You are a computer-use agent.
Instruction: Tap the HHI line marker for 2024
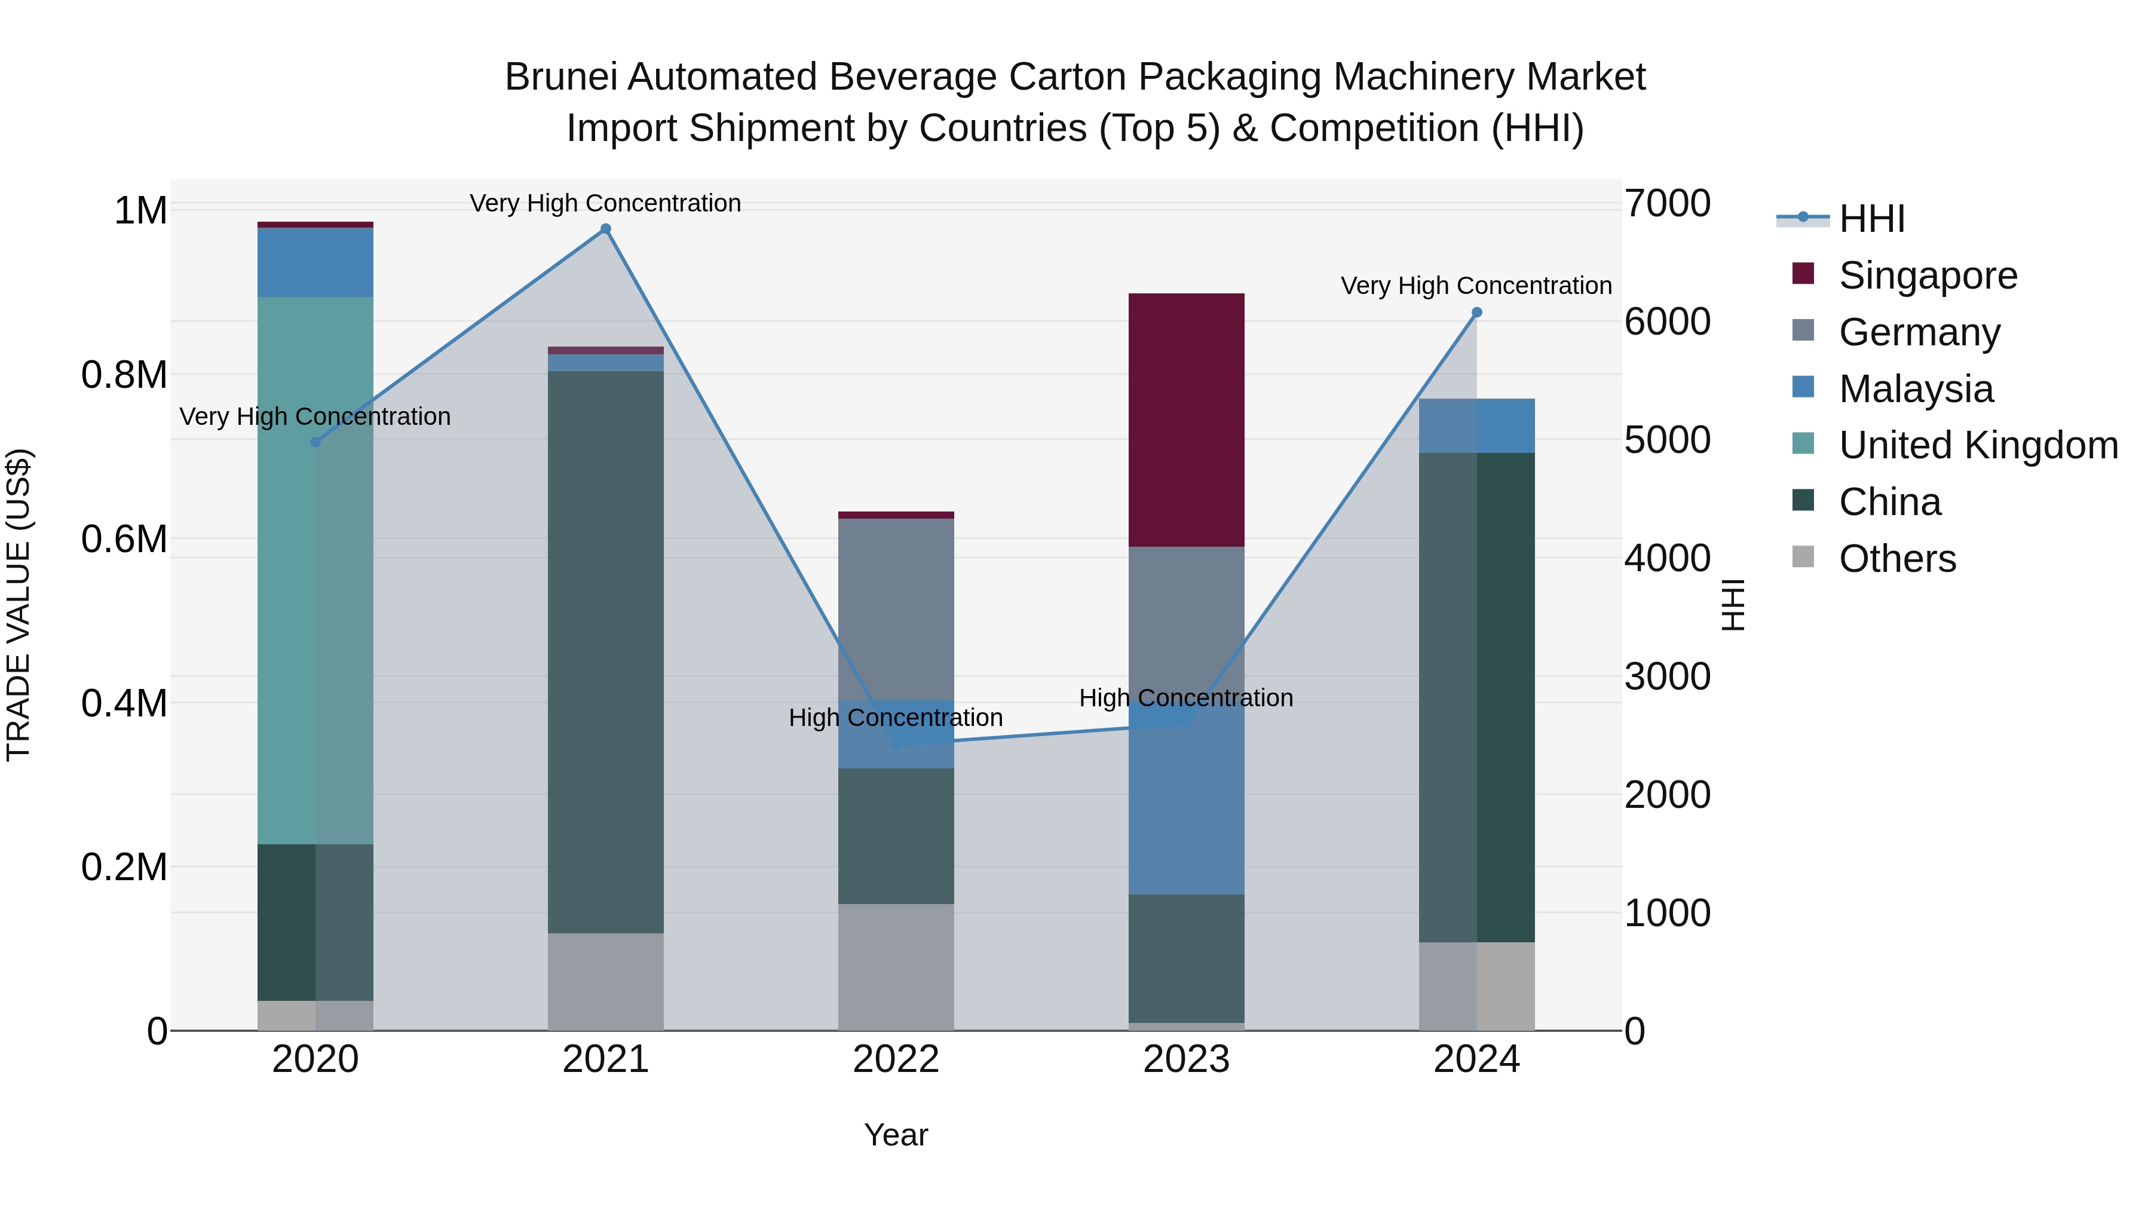tap(1476, 313)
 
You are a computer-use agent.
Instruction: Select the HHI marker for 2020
tap(315, 442)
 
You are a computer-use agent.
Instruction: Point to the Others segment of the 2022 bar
tap(896, 966)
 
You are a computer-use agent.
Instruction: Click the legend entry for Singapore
tap(1927, 275)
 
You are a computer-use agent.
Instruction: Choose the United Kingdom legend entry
tap(1977, 445)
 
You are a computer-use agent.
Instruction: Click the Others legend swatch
tap(1803, 557)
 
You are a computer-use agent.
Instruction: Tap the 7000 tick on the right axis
tap(1666, 204)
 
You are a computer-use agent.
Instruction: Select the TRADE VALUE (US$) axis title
tap(19, 605)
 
